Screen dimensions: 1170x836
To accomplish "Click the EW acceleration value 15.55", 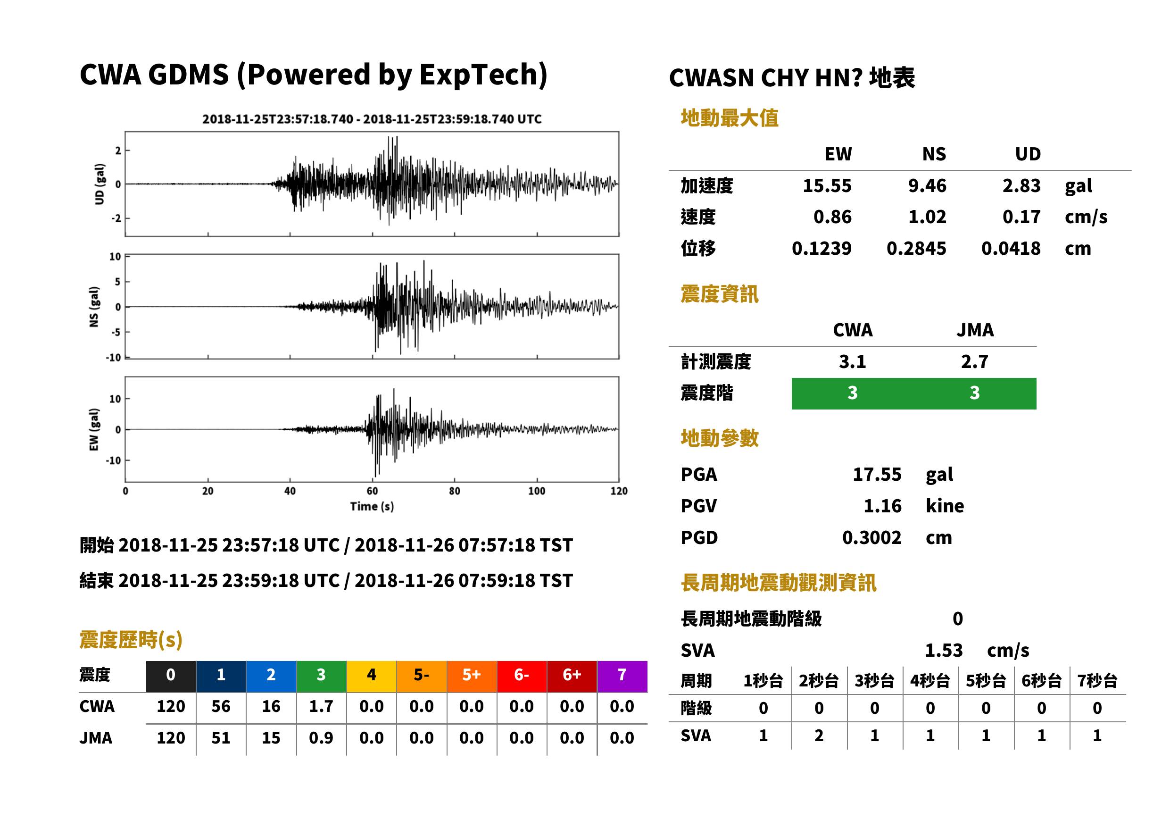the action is click(x=827, y=185).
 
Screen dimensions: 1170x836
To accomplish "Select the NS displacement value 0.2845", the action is click(x=916, y=248).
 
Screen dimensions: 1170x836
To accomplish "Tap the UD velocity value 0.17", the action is click(x=1021, y=217).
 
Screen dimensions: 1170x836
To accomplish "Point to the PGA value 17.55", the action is click(x=877, y=474).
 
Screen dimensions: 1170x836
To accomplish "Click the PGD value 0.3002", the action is click(x=871, y=537).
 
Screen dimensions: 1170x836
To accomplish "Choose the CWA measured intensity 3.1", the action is click(x=852, y=361).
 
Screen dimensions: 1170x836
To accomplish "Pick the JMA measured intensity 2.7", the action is click(x=974, y=361).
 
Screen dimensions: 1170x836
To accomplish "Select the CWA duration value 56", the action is click(x=221, y=706).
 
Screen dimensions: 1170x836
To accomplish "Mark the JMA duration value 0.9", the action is click(x=321, y=738).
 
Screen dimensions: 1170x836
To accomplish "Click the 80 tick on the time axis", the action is click(x=454, y=491).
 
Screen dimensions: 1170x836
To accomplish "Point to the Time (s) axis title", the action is click(x=372, y=507).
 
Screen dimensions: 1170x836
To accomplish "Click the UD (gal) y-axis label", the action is click(x=100, y=184).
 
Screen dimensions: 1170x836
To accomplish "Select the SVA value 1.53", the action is click(x=944, y=651).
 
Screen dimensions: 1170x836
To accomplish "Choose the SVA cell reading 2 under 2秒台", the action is click(x=819, y=736).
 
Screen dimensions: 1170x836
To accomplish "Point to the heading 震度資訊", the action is click(x=719, y=294).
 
